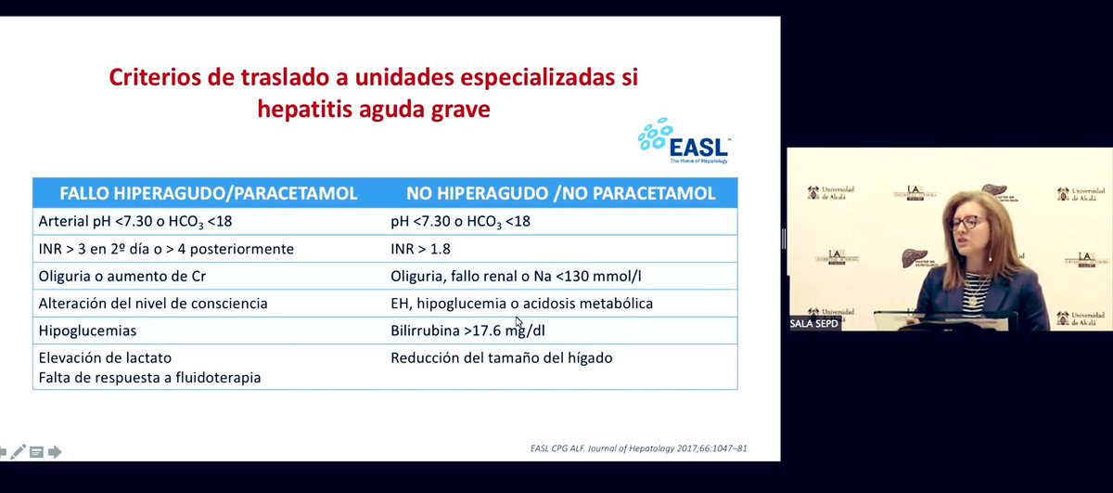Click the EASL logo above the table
pos(684,141)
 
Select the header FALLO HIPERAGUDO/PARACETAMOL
pos(209,194)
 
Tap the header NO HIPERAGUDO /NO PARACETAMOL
pos(560,194)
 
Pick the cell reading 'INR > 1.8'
pos(422,249)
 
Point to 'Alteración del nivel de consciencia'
pos(153,304)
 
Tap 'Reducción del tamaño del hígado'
pos(501,357)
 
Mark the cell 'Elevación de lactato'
pos(105,357)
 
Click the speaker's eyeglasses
pos(966,222)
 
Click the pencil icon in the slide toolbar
pos(19,452)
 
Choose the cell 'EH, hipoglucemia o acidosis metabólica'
pos(521,304)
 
